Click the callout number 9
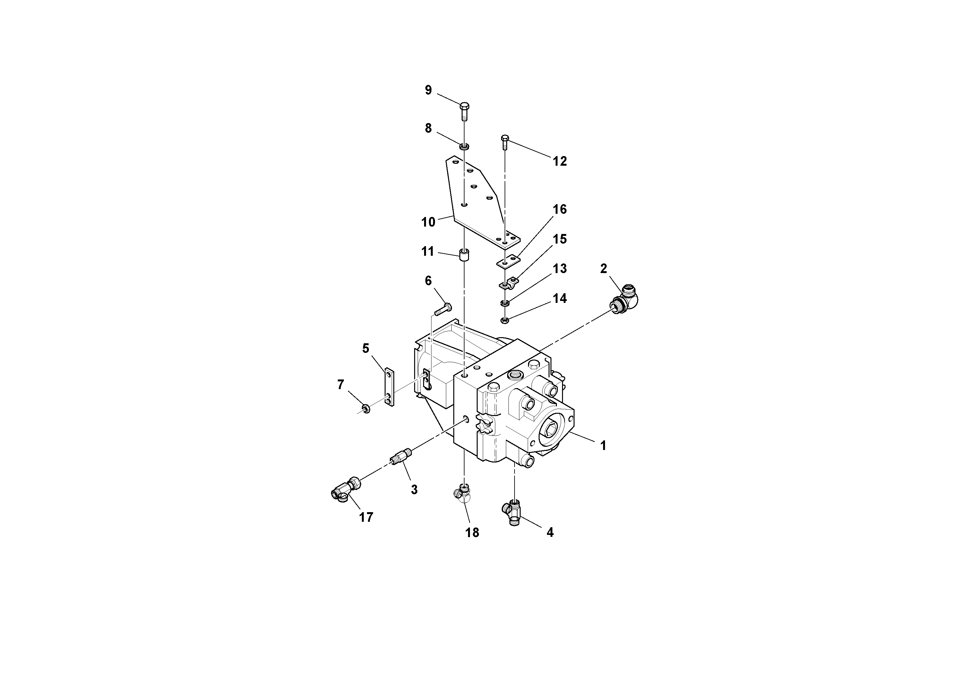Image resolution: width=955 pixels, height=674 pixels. [x=428, y=90]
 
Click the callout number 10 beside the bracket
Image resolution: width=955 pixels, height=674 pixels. [x=428, y=222]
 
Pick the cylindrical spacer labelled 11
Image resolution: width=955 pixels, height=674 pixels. [x=464, y=255]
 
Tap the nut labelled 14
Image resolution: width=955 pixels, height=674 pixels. [x=505, y=320]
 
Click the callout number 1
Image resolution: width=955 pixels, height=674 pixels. [x=603, y=446]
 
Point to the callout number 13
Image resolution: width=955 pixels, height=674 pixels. [x=559, y=269]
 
